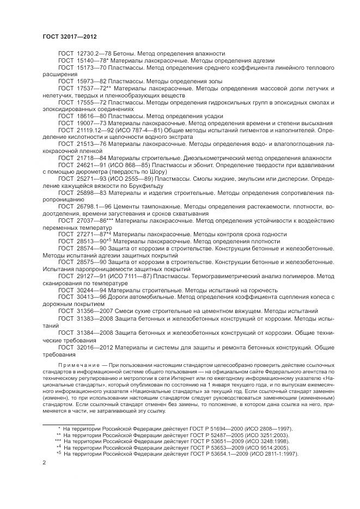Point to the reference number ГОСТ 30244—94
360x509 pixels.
78,290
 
